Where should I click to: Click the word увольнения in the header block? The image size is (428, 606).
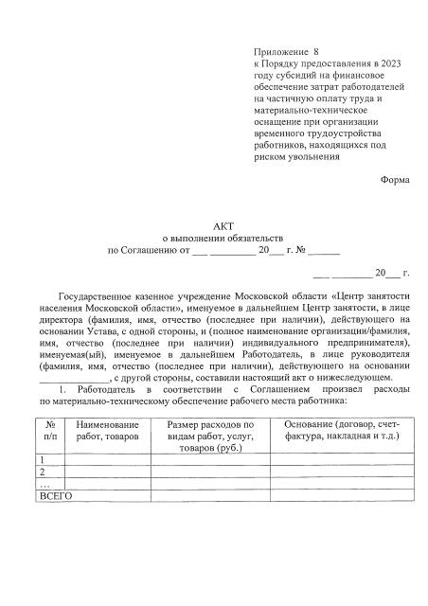316,158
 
